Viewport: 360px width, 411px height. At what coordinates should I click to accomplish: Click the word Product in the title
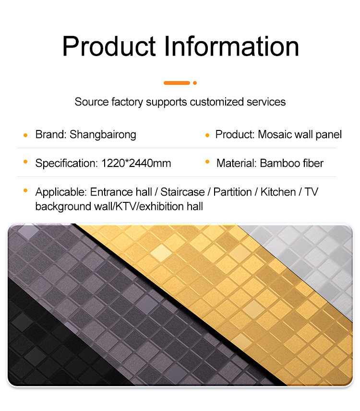click(109, 46)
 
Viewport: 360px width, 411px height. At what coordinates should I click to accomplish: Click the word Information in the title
click(232, 46)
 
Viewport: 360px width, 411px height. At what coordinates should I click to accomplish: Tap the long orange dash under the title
click(177, 83)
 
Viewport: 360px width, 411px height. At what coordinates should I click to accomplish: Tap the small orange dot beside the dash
click(195, 83)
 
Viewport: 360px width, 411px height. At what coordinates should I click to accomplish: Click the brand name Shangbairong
click(103, 135)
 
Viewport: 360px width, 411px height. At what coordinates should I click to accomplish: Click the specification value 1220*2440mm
click(136, 164)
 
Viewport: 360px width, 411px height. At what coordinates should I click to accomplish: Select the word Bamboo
click(280, 164)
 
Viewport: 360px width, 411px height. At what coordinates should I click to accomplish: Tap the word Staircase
click(182, 192)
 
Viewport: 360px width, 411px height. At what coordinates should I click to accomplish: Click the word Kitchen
click(278, 192)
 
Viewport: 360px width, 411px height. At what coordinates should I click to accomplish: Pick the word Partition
click(232, 192)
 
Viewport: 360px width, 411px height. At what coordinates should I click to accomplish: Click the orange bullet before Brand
click(25, 135)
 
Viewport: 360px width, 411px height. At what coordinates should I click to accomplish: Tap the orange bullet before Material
click(207, 162)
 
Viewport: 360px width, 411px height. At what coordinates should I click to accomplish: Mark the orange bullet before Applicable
click(25, 190)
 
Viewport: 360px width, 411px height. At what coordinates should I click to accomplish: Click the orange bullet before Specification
click(25, 162)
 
